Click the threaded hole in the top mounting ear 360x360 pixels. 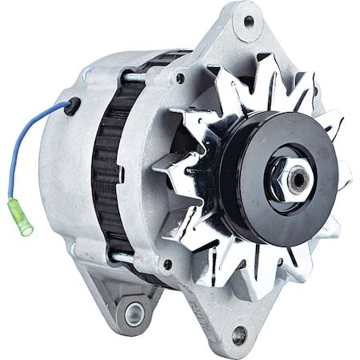click(x=248, y=22)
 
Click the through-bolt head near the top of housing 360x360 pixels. click(x=181, y=78)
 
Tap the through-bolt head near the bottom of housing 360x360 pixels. click(x=167, y=265)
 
